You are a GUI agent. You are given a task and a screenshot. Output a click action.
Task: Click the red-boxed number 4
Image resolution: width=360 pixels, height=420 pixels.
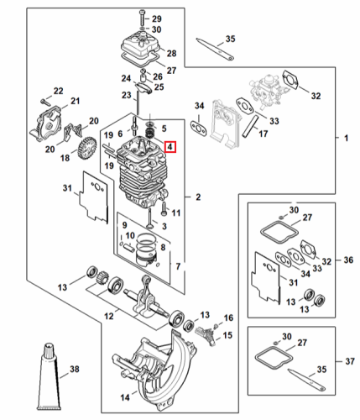[170, 147]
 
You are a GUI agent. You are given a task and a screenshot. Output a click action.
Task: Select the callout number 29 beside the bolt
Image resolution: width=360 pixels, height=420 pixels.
[157, 18]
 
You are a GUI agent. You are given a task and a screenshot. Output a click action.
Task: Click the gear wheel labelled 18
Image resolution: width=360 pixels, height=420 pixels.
[88, 147]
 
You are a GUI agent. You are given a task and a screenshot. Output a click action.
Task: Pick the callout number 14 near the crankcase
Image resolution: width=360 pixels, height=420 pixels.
[125, 397]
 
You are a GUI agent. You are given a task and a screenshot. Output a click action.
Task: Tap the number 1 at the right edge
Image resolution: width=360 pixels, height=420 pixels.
[347, 138]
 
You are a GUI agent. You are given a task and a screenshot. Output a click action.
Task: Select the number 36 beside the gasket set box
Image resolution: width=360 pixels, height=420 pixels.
[348, 260]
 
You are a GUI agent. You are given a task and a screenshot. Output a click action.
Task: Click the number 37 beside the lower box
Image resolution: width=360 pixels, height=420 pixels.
[350, 361]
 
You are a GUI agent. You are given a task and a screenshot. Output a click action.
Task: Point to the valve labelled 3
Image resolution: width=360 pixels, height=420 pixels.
[150, 218]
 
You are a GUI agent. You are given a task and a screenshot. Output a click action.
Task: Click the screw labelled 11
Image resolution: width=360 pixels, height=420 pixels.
[164, 209]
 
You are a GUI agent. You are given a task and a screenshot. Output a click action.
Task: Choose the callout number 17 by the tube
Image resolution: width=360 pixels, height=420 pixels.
[263, 134]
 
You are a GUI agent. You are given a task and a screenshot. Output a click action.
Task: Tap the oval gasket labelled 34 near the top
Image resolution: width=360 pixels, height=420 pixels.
[199, 129]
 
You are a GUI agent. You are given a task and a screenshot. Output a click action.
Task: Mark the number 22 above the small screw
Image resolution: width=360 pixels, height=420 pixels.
[58, 91]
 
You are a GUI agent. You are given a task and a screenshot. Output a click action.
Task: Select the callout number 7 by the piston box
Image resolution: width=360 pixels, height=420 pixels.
[178, 266]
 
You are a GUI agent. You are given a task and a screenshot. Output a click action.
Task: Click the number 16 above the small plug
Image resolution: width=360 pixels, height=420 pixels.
[228, 318]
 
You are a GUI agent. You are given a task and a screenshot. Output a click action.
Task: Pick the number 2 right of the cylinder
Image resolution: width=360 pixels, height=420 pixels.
[198, 197]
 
